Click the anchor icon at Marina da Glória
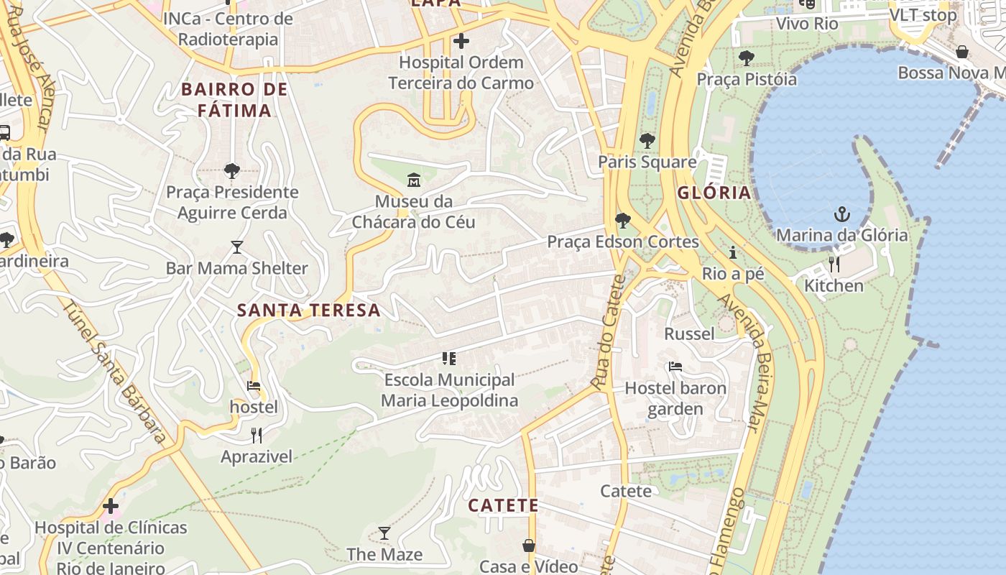(x=841, y=214)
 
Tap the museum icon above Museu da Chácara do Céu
(x=413, y=180)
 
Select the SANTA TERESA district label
(x=308, y=310)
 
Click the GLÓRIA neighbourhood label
(x=714, y=193)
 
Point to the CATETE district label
(x=503, y=505)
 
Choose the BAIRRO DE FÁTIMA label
(x=234, y=100)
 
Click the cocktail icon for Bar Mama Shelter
(x=237, y=247)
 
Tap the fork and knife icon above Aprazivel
(x=256, y=435)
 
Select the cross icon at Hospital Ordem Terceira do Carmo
(x=461, y=41)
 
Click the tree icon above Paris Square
(x=647, y=140)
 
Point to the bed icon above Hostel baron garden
(x=675, y=367)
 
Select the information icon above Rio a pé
(x=733, y=252)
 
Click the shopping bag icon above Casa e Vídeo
(x=528, y=546)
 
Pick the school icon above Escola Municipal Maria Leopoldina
(x=449, y=358)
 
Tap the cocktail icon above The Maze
(x=384, y=533)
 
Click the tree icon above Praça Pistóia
(x=746, y=57)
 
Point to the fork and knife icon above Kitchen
(x=834, y=264)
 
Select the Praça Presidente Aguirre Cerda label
(x=232, y=203)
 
